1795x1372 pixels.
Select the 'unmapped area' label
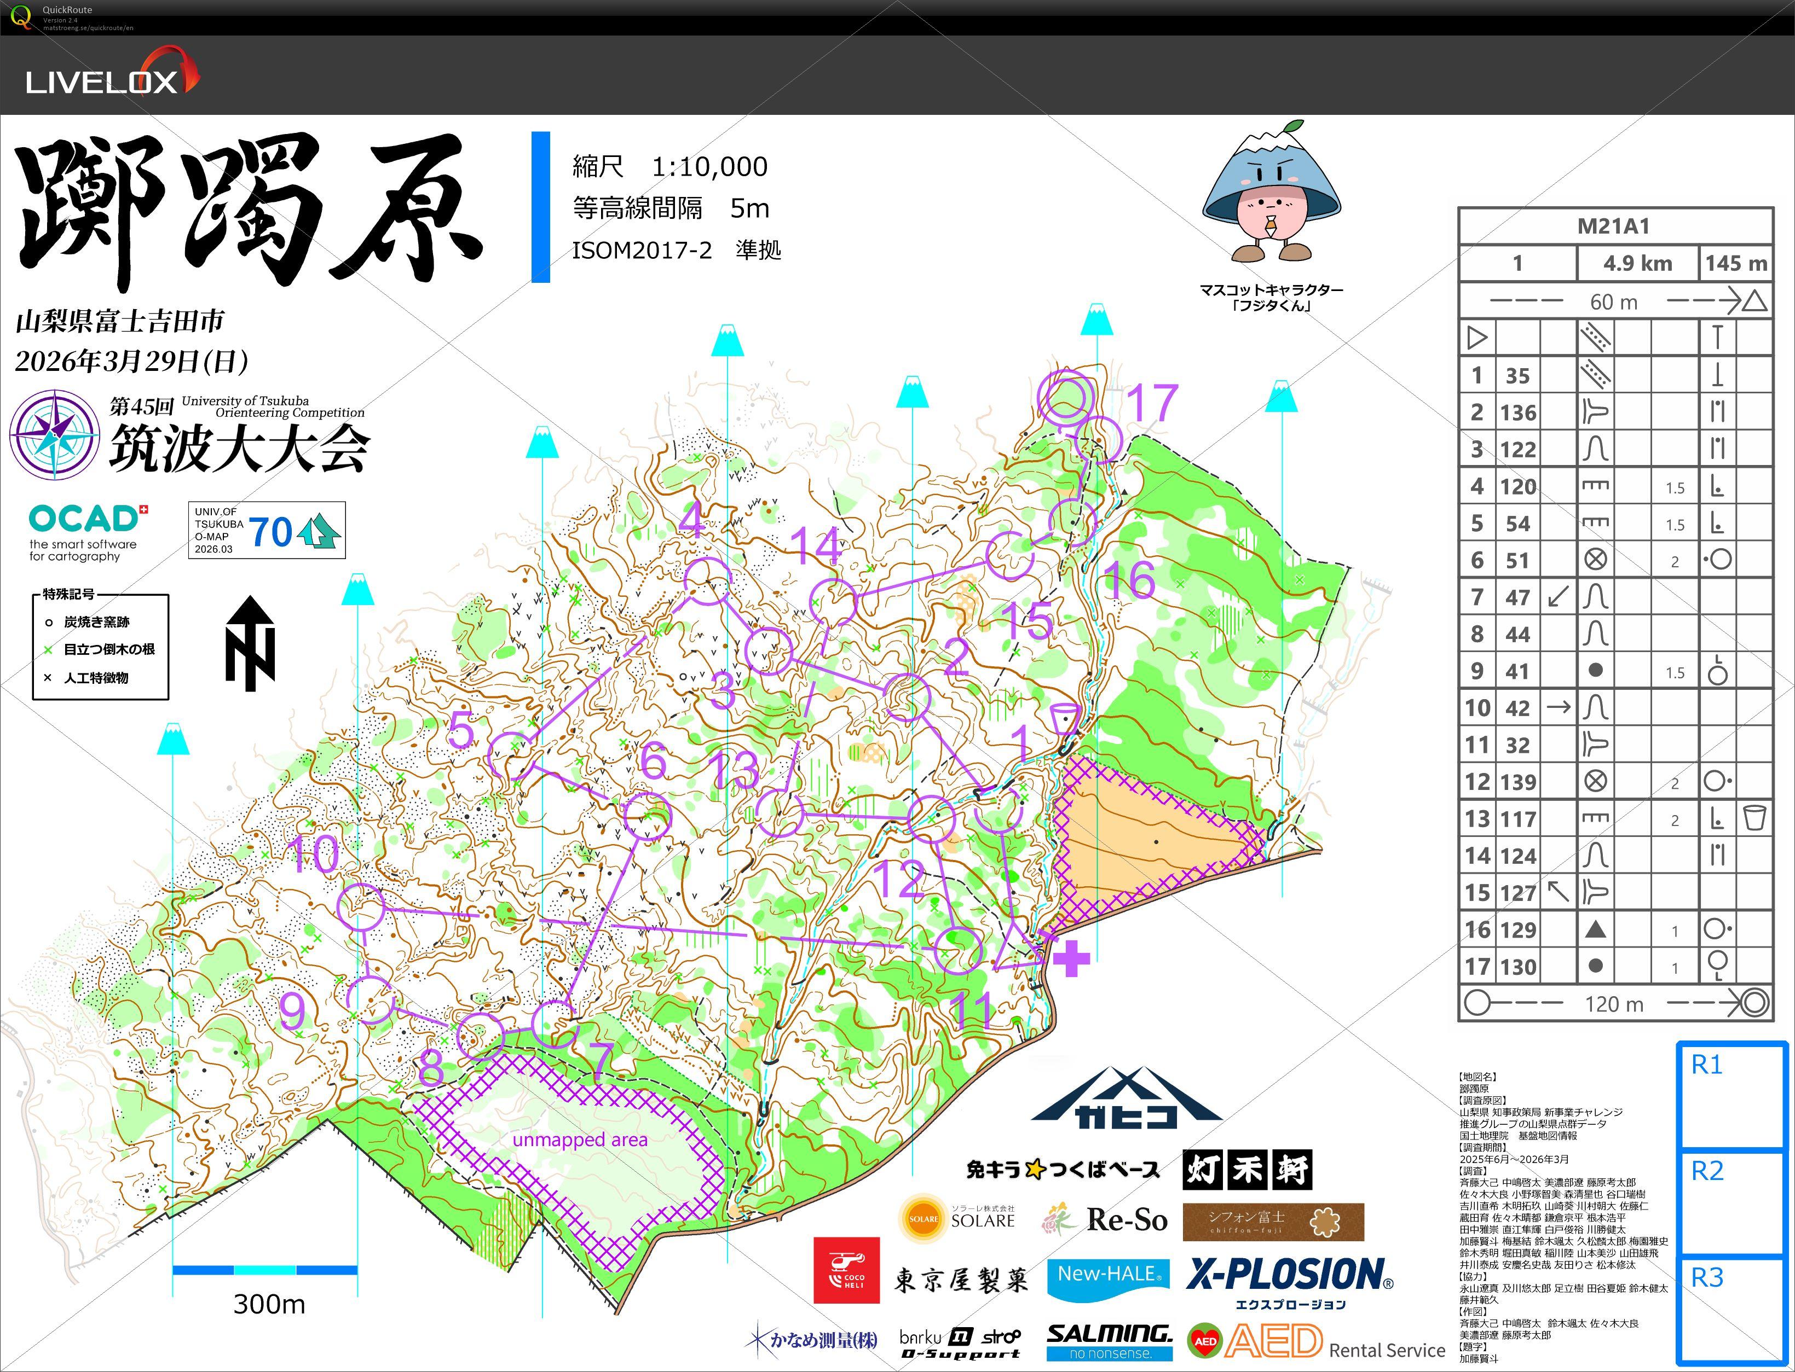pos(580,1140)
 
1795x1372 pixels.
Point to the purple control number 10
pos(315,854)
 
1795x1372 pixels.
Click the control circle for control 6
pos(647,815)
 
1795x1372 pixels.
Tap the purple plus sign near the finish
pos(1071,958)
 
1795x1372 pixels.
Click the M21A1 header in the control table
pos(1614,226)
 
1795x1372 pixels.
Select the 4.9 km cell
pos(1637,263)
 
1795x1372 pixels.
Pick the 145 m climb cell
pos(1735,263)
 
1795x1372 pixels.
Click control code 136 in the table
pos(1517,412)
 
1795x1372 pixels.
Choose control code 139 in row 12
pos(1517,782)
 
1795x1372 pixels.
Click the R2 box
pos(1730,1202)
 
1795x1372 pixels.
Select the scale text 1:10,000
pos(708,167)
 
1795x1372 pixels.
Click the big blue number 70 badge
pos(270,532)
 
